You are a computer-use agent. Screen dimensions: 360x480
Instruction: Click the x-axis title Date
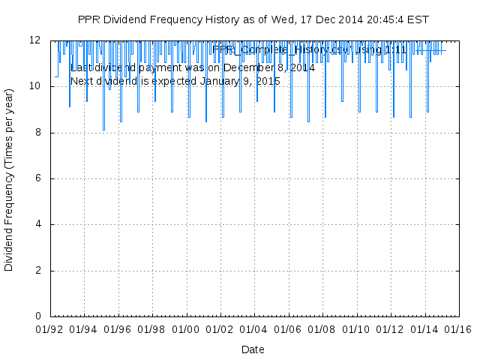[253, 349]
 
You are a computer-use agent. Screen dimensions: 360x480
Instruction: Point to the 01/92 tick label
[50, 328]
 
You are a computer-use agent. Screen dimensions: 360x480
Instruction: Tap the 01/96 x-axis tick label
[118, 328]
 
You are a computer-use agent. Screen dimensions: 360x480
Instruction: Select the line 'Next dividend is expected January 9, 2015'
[175, 80]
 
